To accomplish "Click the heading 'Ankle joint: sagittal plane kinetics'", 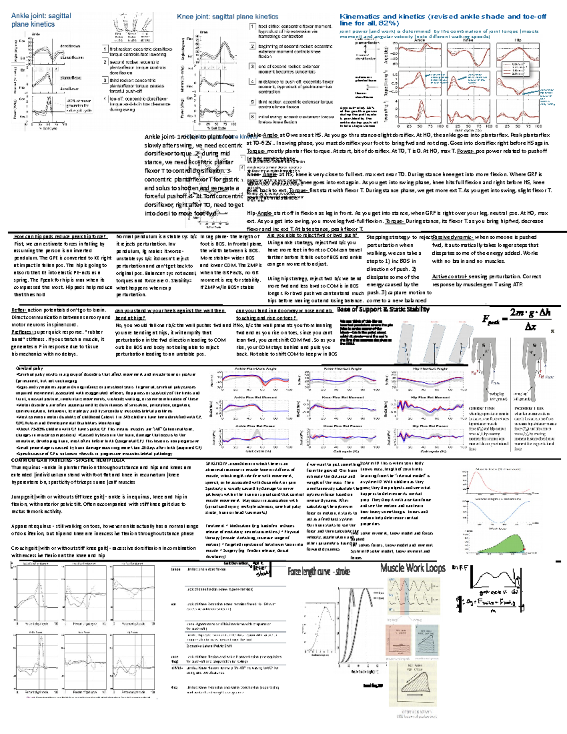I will [x=41, y=20].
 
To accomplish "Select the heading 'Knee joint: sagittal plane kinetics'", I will [x=227, y=17].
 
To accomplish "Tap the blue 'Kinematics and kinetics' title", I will [x=443, y=19].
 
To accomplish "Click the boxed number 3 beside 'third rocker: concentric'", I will [x=105, y=81].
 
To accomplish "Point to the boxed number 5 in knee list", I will [x=252, y=102].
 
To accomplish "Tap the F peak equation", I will [x=515, y=320].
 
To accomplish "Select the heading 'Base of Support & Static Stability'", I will [x=383, y=310].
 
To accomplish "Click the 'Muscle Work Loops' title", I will [x=412, y=568].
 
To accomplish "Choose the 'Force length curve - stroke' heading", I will [x=318, y=572].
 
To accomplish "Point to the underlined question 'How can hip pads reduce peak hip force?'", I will [x=60, y=237].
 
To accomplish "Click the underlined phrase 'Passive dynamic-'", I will [x=452, y=237].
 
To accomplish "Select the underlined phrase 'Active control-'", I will [x=449, y=276].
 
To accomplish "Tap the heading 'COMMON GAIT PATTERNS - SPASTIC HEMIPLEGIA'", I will [x=68, y=460].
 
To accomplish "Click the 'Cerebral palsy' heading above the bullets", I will [x=29, y=368].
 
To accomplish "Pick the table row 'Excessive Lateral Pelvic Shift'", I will [x=209, y=646].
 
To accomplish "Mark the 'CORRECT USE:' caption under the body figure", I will [x=481, y=408].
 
